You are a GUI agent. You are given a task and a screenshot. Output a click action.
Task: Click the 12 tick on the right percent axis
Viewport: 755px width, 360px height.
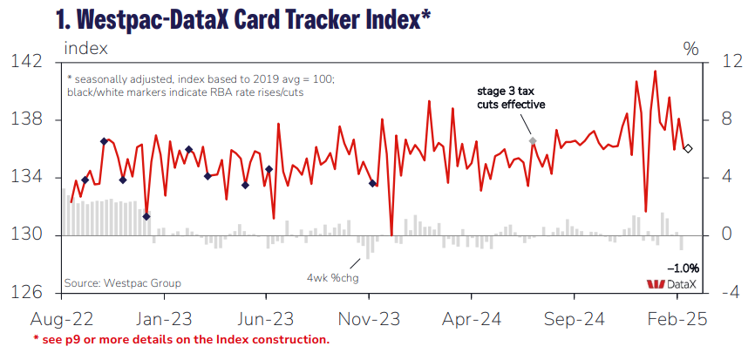[x=721, y=62]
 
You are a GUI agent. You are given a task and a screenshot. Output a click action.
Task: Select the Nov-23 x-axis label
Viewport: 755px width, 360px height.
[x=367, y=319]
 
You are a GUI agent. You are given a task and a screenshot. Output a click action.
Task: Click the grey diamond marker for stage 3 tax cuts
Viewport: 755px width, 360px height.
[x=533, y=140]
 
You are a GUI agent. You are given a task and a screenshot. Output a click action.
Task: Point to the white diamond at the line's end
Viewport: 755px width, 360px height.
[x=688, y=149]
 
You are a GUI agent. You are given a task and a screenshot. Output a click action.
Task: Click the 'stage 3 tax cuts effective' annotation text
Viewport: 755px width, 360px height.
[x=511, y=98]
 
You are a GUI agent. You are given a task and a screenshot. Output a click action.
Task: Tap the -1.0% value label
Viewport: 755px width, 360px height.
[x=682, y=268]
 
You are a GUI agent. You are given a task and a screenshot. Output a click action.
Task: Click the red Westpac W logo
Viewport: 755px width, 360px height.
[x=654, y=284]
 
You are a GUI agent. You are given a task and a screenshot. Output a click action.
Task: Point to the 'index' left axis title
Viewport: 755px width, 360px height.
[x=86, y=47]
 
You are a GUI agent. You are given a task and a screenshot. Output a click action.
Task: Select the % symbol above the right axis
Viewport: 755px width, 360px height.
[x=691, y=49]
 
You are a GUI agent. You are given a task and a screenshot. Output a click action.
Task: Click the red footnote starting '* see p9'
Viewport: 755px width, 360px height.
[x=181, y=339]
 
